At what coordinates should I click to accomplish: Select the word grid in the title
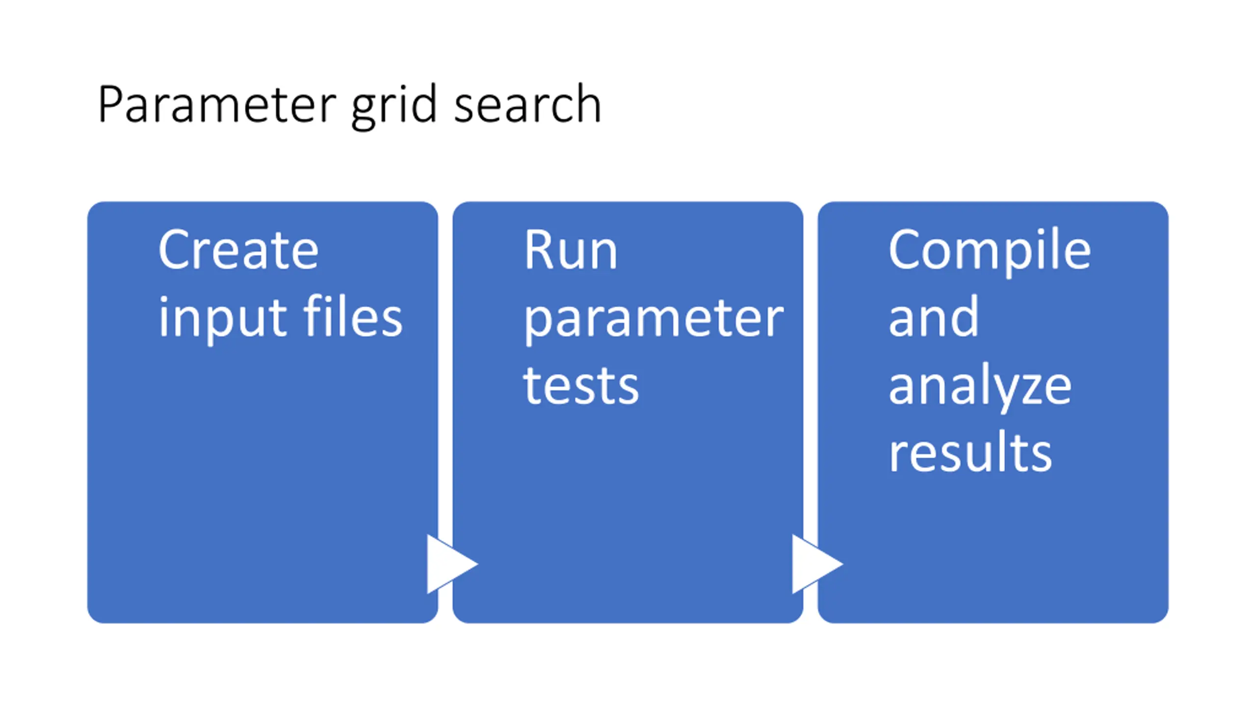(x=393, y=107)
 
